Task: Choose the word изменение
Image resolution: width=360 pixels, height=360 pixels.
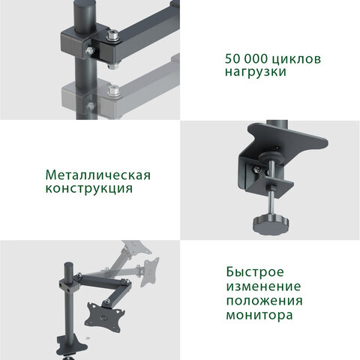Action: tap(262, 287)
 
